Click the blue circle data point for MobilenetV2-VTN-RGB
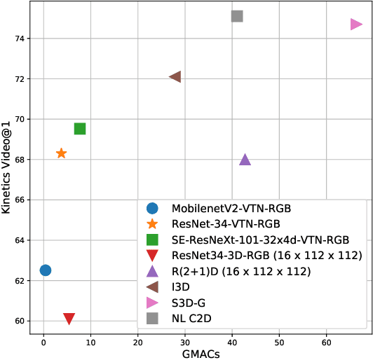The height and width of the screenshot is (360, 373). click(46, 270)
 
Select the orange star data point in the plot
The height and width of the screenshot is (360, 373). click(61, 153)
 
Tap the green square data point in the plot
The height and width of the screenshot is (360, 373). click(80, 128)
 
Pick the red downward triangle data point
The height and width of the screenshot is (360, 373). click(69, 319)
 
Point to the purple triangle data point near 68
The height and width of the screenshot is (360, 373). click(245, 160)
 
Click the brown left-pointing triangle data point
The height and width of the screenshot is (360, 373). click(175, 76)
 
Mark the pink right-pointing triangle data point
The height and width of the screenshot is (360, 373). click(356, 25)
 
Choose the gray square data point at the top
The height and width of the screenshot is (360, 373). click(237, 16)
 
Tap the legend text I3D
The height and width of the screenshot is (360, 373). click(181, 286)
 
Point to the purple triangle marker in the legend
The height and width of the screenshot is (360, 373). click(152, 271)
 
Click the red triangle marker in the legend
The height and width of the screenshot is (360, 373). click(152, 256)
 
